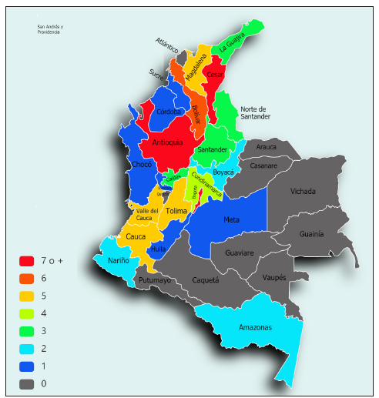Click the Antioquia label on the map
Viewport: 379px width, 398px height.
(167, 142)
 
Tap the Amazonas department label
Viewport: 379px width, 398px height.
(254, 327)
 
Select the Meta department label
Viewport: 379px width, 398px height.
(231, 220)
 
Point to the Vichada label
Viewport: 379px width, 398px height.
(303, 191)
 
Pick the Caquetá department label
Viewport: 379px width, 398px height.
(205, 280)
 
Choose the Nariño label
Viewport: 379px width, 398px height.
(118, 261)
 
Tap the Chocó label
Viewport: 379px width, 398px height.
(142, 165)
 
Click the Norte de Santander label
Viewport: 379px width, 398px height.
(255, 112)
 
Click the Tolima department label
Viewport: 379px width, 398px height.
(176, 211)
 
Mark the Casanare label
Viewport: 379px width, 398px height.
(263, 166)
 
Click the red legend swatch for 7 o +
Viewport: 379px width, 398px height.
(27, 261)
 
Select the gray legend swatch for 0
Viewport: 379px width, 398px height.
(27, 383)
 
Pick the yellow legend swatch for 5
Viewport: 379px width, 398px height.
(27, 296)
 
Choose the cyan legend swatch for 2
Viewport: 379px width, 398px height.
(27, 349)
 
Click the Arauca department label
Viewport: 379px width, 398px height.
(267, 146)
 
